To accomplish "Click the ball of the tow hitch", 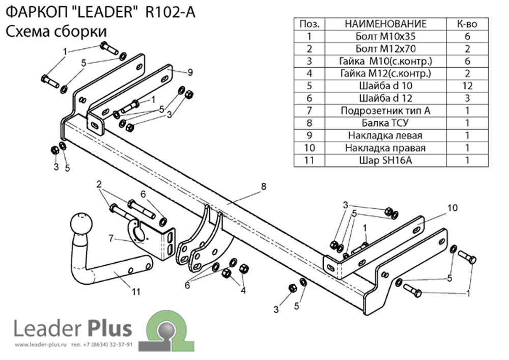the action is coord(81,224).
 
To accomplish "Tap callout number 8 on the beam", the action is coord(263,186).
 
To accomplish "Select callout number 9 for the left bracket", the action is coord(190,72).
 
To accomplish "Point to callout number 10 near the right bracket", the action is coord(453,208).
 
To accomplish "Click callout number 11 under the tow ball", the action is coord(136,291).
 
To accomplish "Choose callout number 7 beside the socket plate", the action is coord(111,239).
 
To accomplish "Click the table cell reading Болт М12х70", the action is coord(385,49).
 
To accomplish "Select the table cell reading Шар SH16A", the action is coord(385,160).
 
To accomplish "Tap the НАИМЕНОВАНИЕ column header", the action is coord(385,24).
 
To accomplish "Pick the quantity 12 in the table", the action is coord(467,86).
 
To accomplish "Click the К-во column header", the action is coord(467,24).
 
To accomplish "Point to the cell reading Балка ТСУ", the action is coord(385,123).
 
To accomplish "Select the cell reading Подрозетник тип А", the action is coord(385,110).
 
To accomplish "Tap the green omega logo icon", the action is coord(167,330).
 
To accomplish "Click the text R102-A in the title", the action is coord(171,13).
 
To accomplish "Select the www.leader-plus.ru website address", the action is coord(41,344).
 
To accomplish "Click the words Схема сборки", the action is coord(56,32).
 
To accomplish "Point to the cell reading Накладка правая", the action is coord(385,148).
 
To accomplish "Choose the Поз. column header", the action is coord(309,24).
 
